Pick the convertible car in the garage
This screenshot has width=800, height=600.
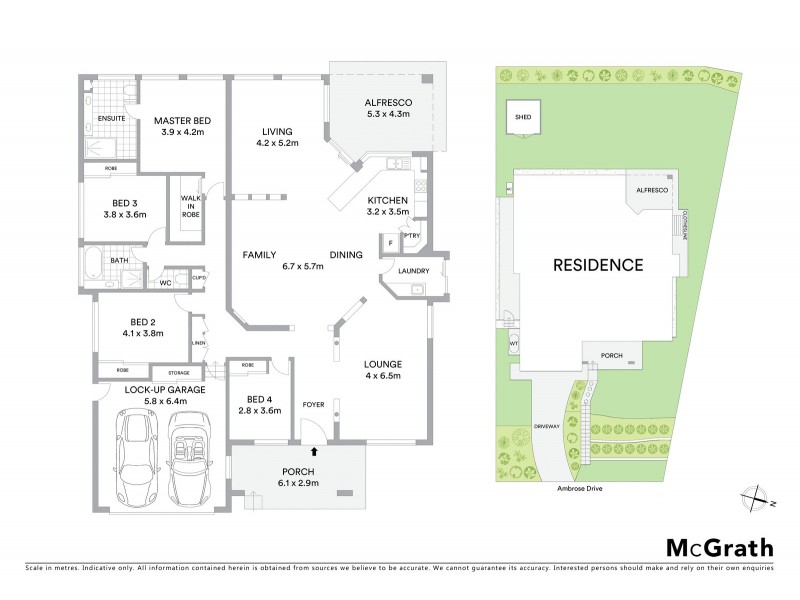click(191, 459)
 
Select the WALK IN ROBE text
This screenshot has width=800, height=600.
click(190, 205)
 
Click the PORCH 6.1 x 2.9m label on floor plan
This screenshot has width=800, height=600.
click(299, 477)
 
